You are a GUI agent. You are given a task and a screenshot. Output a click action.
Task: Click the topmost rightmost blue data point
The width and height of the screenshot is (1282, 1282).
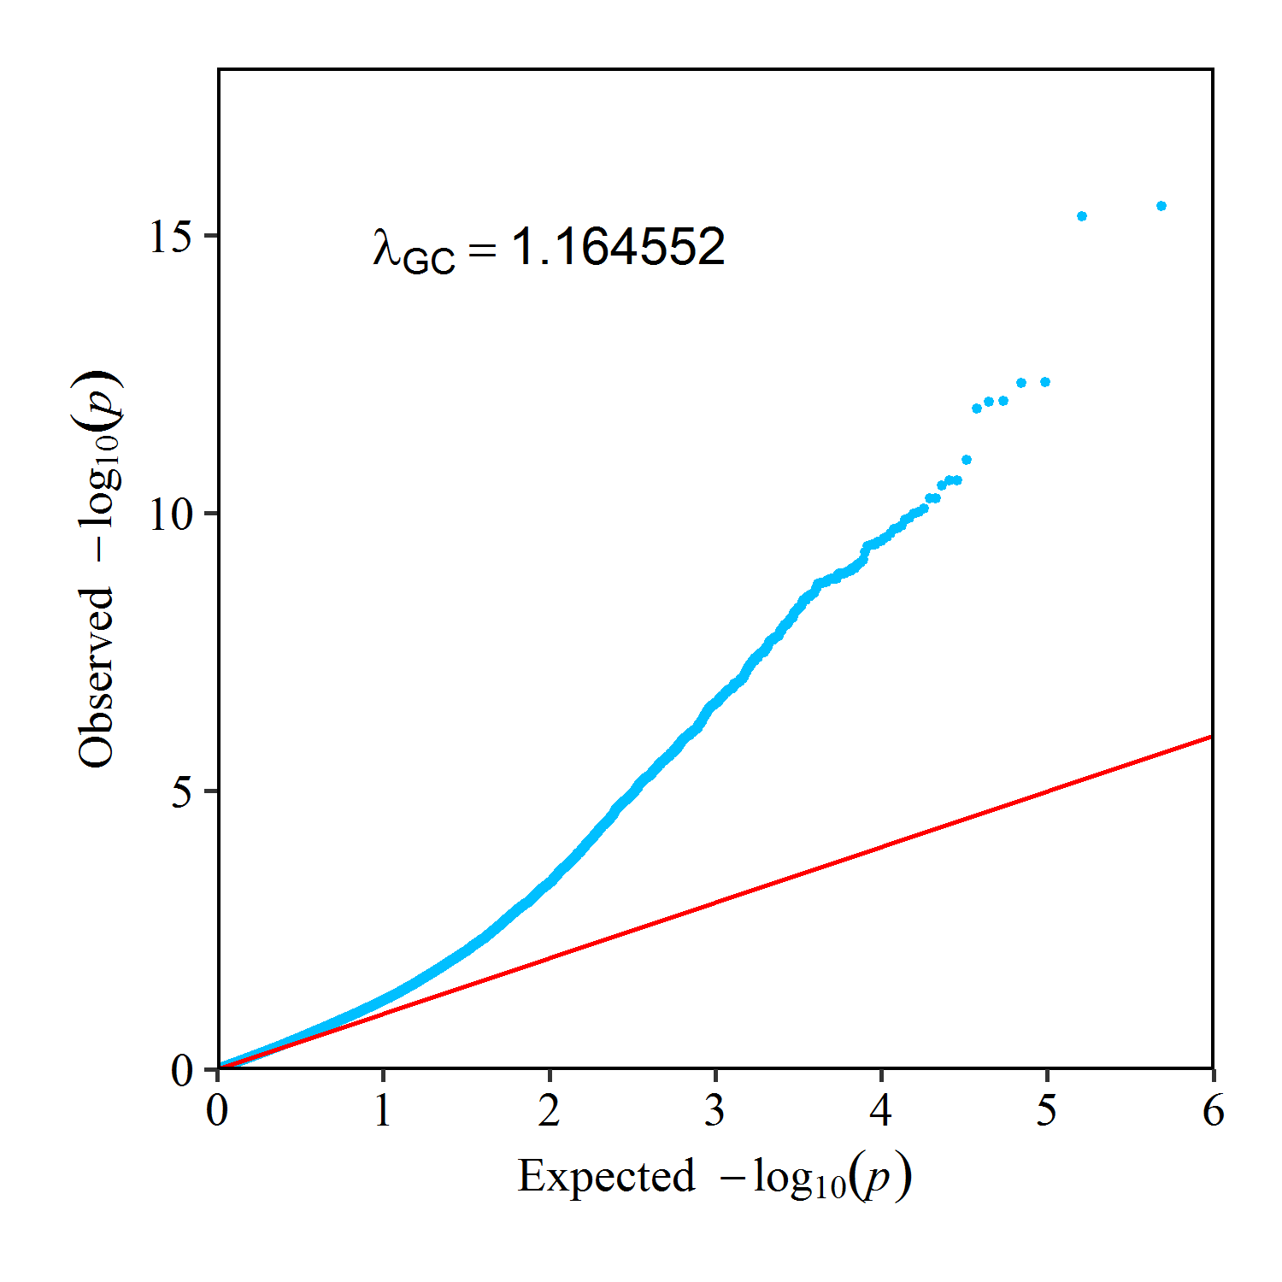pyautogui.click(x=1161, y=206)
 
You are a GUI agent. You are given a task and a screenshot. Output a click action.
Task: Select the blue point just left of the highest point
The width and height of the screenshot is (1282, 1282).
pyautogui.click(x=1082, y=216)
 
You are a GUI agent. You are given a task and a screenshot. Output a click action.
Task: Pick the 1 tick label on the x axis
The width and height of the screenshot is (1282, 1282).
pyautogui.click(x=383, y=1111)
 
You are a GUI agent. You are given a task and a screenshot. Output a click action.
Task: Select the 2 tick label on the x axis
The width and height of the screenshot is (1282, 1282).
pyautogui.click(x=550, y=1111)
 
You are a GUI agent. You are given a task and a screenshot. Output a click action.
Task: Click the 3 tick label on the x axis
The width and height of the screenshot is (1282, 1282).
pyautogui.click(x=715, y=1111)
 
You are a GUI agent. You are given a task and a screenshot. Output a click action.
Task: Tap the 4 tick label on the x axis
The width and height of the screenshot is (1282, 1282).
pyautogui.click(x=881, y=1111)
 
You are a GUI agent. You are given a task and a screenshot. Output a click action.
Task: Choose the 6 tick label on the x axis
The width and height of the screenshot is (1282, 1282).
pyautogui.click(x=1213, y=1111)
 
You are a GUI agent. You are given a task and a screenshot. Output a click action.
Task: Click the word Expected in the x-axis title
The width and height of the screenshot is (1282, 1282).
pyautogui.click(x=606, y=1176)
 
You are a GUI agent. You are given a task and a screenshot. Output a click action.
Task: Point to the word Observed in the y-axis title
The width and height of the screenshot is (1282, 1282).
pyautogui.click(x=96, y=677)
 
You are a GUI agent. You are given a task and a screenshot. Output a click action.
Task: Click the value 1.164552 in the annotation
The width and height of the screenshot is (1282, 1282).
pyautogui.click(x=619, y=248)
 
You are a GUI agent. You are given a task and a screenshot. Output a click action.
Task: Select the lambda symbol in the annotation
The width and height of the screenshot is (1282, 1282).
pyautogui.click(x=386, y=249)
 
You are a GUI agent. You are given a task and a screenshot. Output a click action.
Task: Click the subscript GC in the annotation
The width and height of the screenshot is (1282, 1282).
pyautogui.click(x=429, y=260)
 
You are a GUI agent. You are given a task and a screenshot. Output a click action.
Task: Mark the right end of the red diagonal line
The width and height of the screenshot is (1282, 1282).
pyautogui.click(x=1211, y=736)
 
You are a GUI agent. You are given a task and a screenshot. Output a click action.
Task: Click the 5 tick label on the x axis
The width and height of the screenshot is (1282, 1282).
pyautogui.click(x=1047, y=1111)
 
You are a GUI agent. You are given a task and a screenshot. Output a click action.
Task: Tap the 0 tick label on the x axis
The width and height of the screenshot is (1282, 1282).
pyautogui.click(x=218, y=1111)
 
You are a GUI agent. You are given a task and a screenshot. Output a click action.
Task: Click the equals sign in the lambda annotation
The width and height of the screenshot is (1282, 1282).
pyautogui.click(x=482, y=250)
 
